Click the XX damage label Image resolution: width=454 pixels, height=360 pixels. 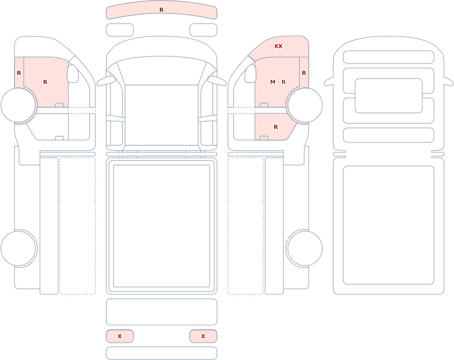point(278,46)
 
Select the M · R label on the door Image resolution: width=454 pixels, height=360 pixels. point(278,82)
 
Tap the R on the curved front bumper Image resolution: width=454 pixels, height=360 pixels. point(162,10)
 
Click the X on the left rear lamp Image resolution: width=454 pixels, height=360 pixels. point(119,336)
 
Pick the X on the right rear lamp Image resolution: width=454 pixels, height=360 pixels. point(203,336)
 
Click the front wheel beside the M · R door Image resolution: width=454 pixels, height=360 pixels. point(305,105)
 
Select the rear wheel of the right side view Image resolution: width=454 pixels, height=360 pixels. point(305,248)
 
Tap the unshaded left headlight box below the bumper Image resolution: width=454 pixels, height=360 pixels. point(120,30)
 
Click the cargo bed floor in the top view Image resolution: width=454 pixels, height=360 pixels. point(162,226)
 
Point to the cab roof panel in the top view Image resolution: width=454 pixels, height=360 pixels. point(162,115)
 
